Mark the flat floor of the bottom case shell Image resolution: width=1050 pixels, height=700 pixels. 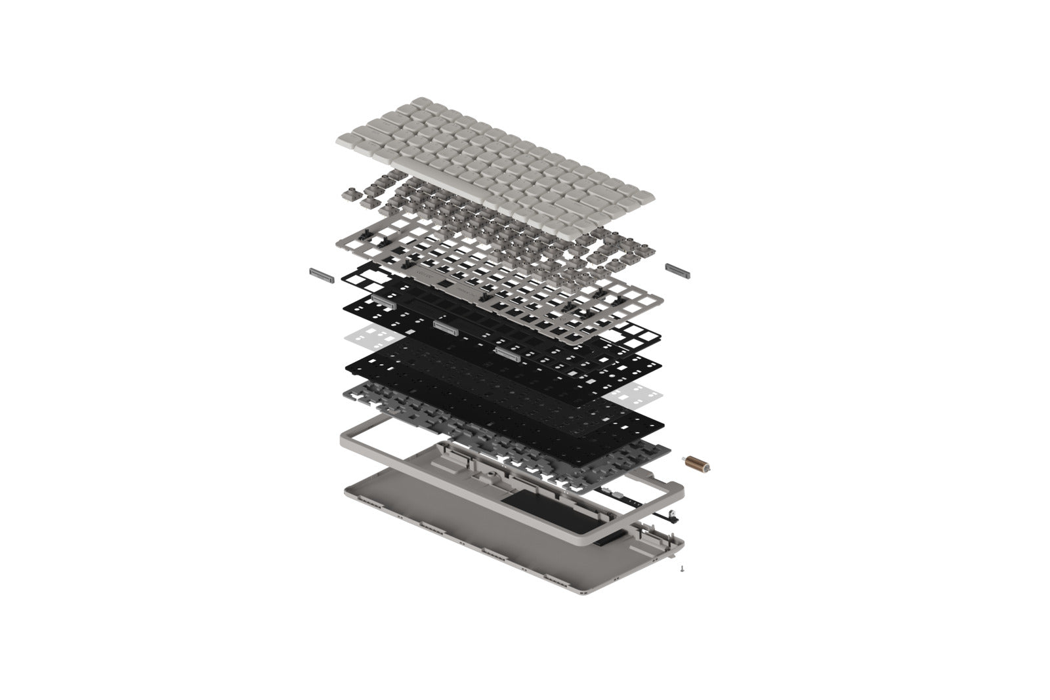[x=446, y=518]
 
